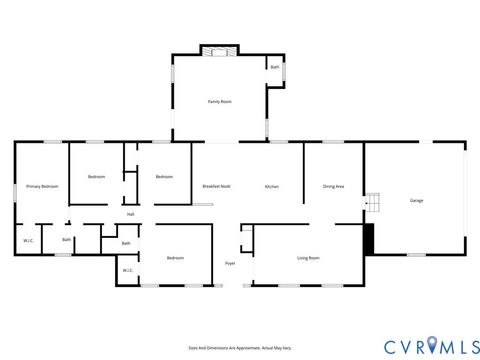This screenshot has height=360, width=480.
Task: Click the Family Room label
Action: (220, 102)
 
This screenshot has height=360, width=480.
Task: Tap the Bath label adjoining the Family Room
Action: (275, 67)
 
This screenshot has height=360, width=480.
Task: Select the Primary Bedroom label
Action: (42, 187)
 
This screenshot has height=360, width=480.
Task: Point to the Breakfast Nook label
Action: (217, 187)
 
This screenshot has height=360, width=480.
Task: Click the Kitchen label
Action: (271, 187)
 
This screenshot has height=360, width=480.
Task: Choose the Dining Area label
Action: (334, 187)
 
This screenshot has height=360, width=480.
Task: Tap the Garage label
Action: (416, 200)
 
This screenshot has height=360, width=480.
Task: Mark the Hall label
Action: (130, 214)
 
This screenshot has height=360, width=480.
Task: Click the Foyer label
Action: (229, 263)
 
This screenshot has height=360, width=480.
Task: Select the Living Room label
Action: (308, 258)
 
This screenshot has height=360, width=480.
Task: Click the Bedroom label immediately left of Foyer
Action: (175, 258)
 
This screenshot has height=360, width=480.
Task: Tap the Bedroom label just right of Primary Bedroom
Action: (96, 177)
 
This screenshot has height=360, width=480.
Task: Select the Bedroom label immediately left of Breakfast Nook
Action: (164, 177)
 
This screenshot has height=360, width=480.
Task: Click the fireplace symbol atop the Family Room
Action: (220, 51)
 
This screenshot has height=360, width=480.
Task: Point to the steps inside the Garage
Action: (372, 203)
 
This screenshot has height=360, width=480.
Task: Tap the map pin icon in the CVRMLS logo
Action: (432, 345)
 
